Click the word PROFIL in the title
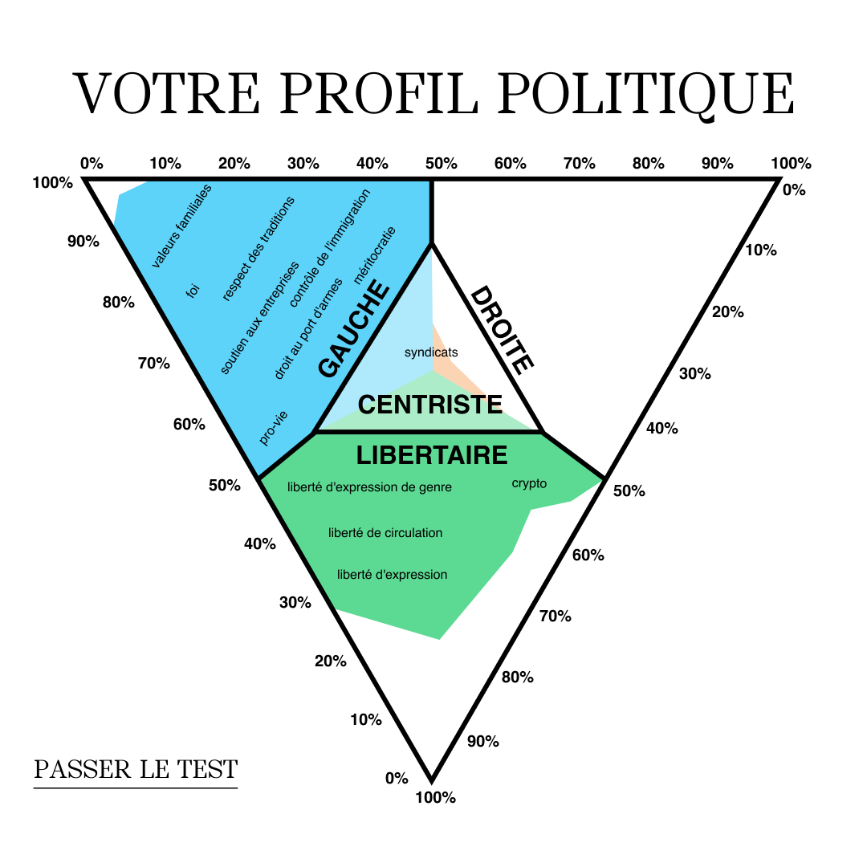click(378, 93)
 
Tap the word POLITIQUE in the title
click(645, 95)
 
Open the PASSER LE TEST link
click(136, 769)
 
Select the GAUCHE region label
click(354, 328)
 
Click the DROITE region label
click(502, 330)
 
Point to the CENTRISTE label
click(430, 404)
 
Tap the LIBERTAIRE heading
click(431, 455)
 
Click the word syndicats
click(431, 352)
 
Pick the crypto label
click(529, 483)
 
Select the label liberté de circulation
click(385, 532)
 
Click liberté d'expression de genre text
click(369, 487)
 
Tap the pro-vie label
click(273, 427)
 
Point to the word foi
click(193, 291)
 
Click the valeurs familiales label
click(181, 226)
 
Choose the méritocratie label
click(375, 255)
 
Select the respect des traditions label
click(258, 249)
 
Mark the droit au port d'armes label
click(308, 328)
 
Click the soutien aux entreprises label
click(259, 318)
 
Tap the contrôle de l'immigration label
click(330, 248)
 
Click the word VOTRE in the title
click(166, 93)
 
